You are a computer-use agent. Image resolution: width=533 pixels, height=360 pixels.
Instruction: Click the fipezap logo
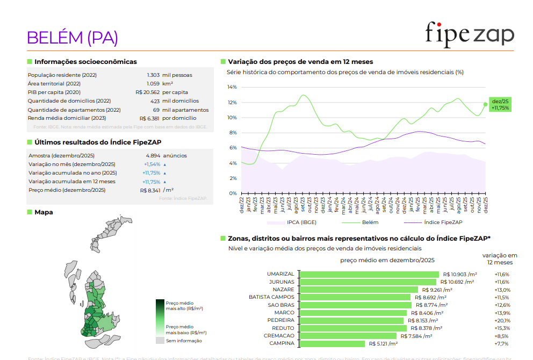click(x=470, y=33)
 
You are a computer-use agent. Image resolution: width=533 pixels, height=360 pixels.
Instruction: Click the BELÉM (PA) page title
click(x=73, y=37)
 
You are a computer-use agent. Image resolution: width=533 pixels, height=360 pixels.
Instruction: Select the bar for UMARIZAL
click(x=369, y=274)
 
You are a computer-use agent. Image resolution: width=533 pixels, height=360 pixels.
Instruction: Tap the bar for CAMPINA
click(x=332, y=343)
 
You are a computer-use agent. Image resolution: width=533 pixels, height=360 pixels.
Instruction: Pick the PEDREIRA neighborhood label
click(x=280, y=320)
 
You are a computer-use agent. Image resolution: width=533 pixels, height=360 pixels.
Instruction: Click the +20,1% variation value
click(x=502, y=320)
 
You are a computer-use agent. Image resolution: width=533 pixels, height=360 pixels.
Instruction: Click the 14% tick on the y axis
click(x=232, y=87)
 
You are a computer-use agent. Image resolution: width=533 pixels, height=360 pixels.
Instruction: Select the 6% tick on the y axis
click(x=232, y=148)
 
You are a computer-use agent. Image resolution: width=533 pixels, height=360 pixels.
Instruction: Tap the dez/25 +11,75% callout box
click(x=501, y=104)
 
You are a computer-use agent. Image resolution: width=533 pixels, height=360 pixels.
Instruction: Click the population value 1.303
click(x=153, y=75)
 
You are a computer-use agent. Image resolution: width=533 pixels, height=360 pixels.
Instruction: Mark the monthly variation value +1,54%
click(x=152, y=164)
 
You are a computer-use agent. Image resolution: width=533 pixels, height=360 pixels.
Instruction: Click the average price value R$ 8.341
click(x=150, y=190)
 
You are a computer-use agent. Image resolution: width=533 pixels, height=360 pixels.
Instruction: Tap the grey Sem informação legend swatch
click(x=160, y=341)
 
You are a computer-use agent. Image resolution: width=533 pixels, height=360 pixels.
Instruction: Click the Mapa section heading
click(x=44, y=212)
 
